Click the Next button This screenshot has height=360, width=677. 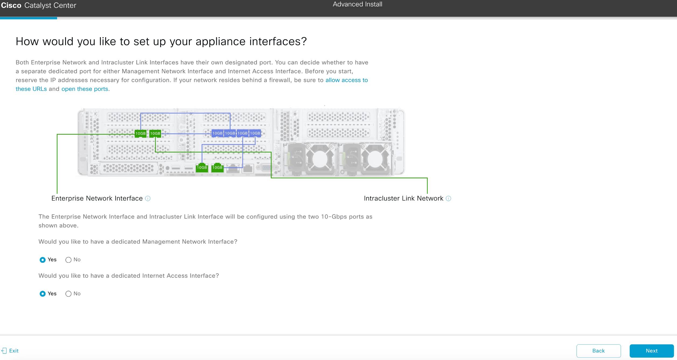[651, 351]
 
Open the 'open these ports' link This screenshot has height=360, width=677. [85, 89]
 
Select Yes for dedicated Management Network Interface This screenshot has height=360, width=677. [43, 260]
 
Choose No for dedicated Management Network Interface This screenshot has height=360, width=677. [68, 260]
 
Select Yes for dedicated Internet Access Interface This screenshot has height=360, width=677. [43, 294]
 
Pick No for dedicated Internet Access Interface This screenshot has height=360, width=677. [68, 294]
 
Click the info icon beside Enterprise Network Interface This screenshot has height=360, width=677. [148, 199]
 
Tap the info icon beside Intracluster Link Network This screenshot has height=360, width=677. [448, 199]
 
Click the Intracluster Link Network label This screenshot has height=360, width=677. [403, 199]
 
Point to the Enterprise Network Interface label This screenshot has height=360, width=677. [97, 199]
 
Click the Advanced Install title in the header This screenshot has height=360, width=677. [357, 4]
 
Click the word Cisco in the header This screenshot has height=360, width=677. [11, 5]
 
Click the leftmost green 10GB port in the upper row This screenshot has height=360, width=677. [140, 133]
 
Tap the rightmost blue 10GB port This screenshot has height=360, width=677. [255, 133]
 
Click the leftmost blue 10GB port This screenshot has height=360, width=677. [217, 133]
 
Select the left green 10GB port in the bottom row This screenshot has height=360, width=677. [202, 168]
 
